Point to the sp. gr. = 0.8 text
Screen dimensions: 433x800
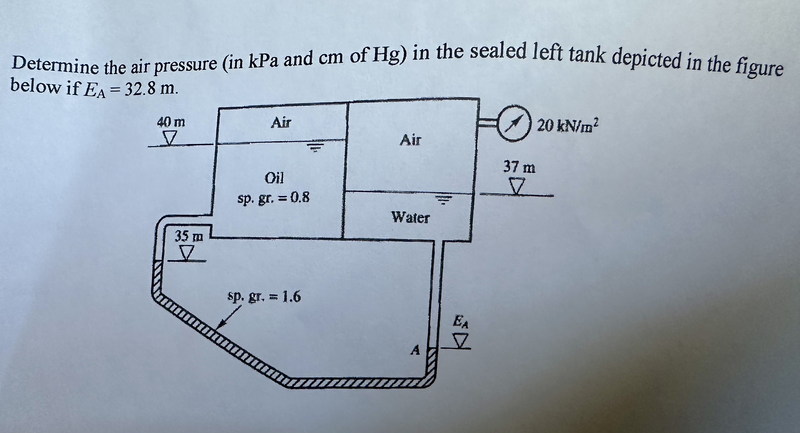pos(273,198)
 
